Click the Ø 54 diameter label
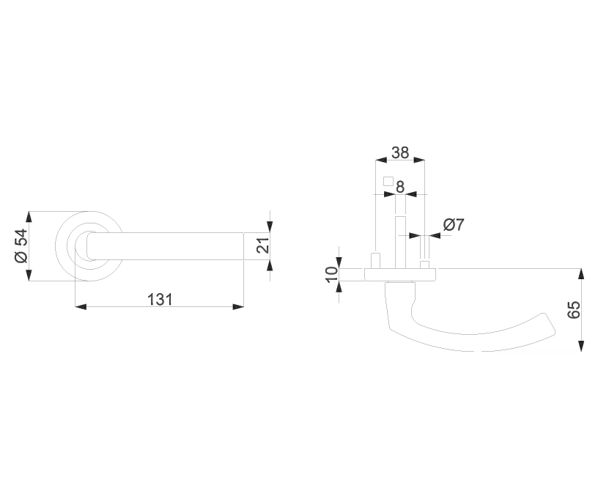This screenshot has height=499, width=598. pos(21,246)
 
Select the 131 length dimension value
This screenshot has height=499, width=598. pos(160,300)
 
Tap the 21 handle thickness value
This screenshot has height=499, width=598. pos(263,245)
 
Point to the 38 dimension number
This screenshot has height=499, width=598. pos(400,152)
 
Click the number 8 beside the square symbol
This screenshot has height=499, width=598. pos(399,187)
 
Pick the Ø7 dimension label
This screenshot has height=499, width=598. pos(454,224)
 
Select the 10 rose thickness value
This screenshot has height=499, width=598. pos(332,275)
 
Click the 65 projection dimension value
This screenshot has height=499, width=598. pos(574,309)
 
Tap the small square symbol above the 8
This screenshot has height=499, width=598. pos(388,182)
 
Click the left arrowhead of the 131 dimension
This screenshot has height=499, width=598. pos(81,306)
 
